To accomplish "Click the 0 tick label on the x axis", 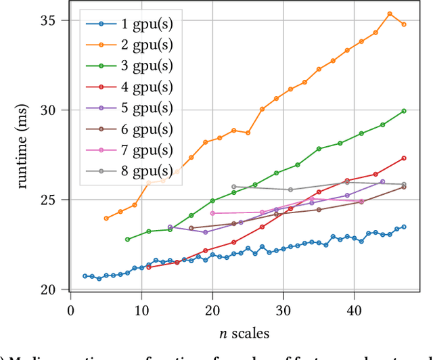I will tap(71, 310).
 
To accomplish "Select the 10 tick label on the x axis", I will tap(141, 310).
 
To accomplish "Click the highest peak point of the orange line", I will tap(390, 14).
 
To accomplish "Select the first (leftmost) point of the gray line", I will tap(233, 187).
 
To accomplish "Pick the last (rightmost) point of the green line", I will tap(404, 111).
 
